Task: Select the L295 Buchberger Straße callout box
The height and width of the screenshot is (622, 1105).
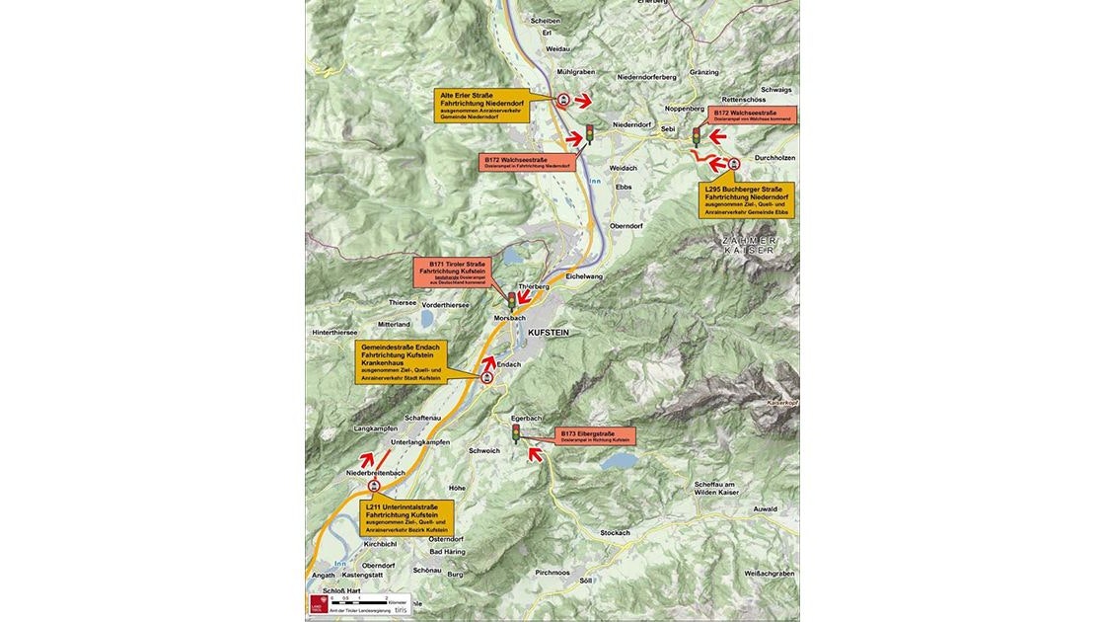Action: click(x=747, y=199)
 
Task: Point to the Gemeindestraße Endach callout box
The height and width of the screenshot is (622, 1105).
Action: click(x=401, y=362)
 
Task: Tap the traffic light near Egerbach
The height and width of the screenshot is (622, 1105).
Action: click(x=515, y=432)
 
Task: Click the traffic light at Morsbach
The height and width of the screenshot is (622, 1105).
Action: click(x=511, y=299)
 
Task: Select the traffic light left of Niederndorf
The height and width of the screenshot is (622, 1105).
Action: click(x=589, y=133)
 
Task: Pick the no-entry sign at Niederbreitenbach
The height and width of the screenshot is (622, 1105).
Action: click(x=373, y=486)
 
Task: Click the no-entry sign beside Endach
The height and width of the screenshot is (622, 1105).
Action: click(x=486, y=378)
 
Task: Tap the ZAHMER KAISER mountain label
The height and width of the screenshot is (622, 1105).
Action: click(x=750, y=245)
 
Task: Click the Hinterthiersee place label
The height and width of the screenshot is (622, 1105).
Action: click(x=334, y=333)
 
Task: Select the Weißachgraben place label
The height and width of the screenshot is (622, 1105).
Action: click(x=770, y=574)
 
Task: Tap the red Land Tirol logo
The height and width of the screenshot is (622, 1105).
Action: click(x=317, y=603)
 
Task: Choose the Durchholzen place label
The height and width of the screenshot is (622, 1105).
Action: click(x=774, y=157)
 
